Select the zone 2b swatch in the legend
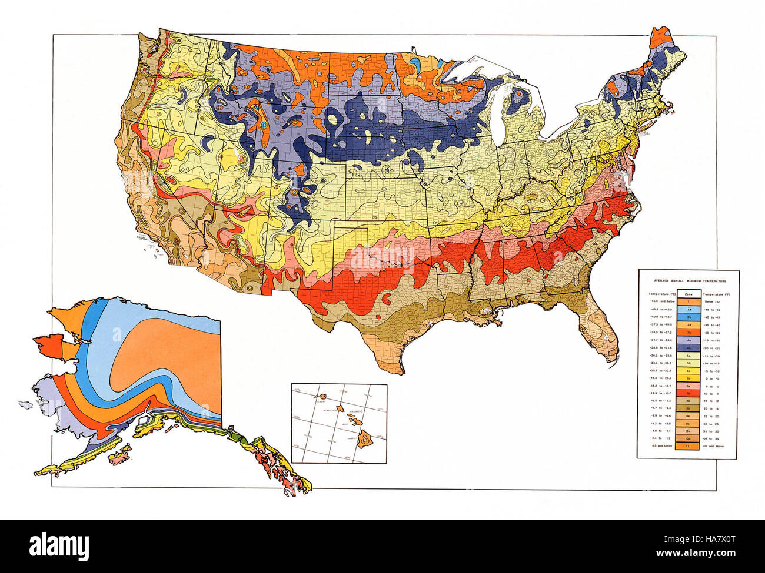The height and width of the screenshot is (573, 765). (688, 316)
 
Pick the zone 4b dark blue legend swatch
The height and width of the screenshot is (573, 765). (688, 348)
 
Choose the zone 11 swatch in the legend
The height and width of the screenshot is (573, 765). (688, 447)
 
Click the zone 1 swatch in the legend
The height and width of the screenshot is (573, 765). (688, 300)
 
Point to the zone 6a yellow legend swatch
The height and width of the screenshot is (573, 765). (688, 371)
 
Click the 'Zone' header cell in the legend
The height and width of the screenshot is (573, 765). (688, 293)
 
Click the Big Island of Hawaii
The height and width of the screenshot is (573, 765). (365, 437)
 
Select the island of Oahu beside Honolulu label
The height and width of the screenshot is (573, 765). (338, 405)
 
